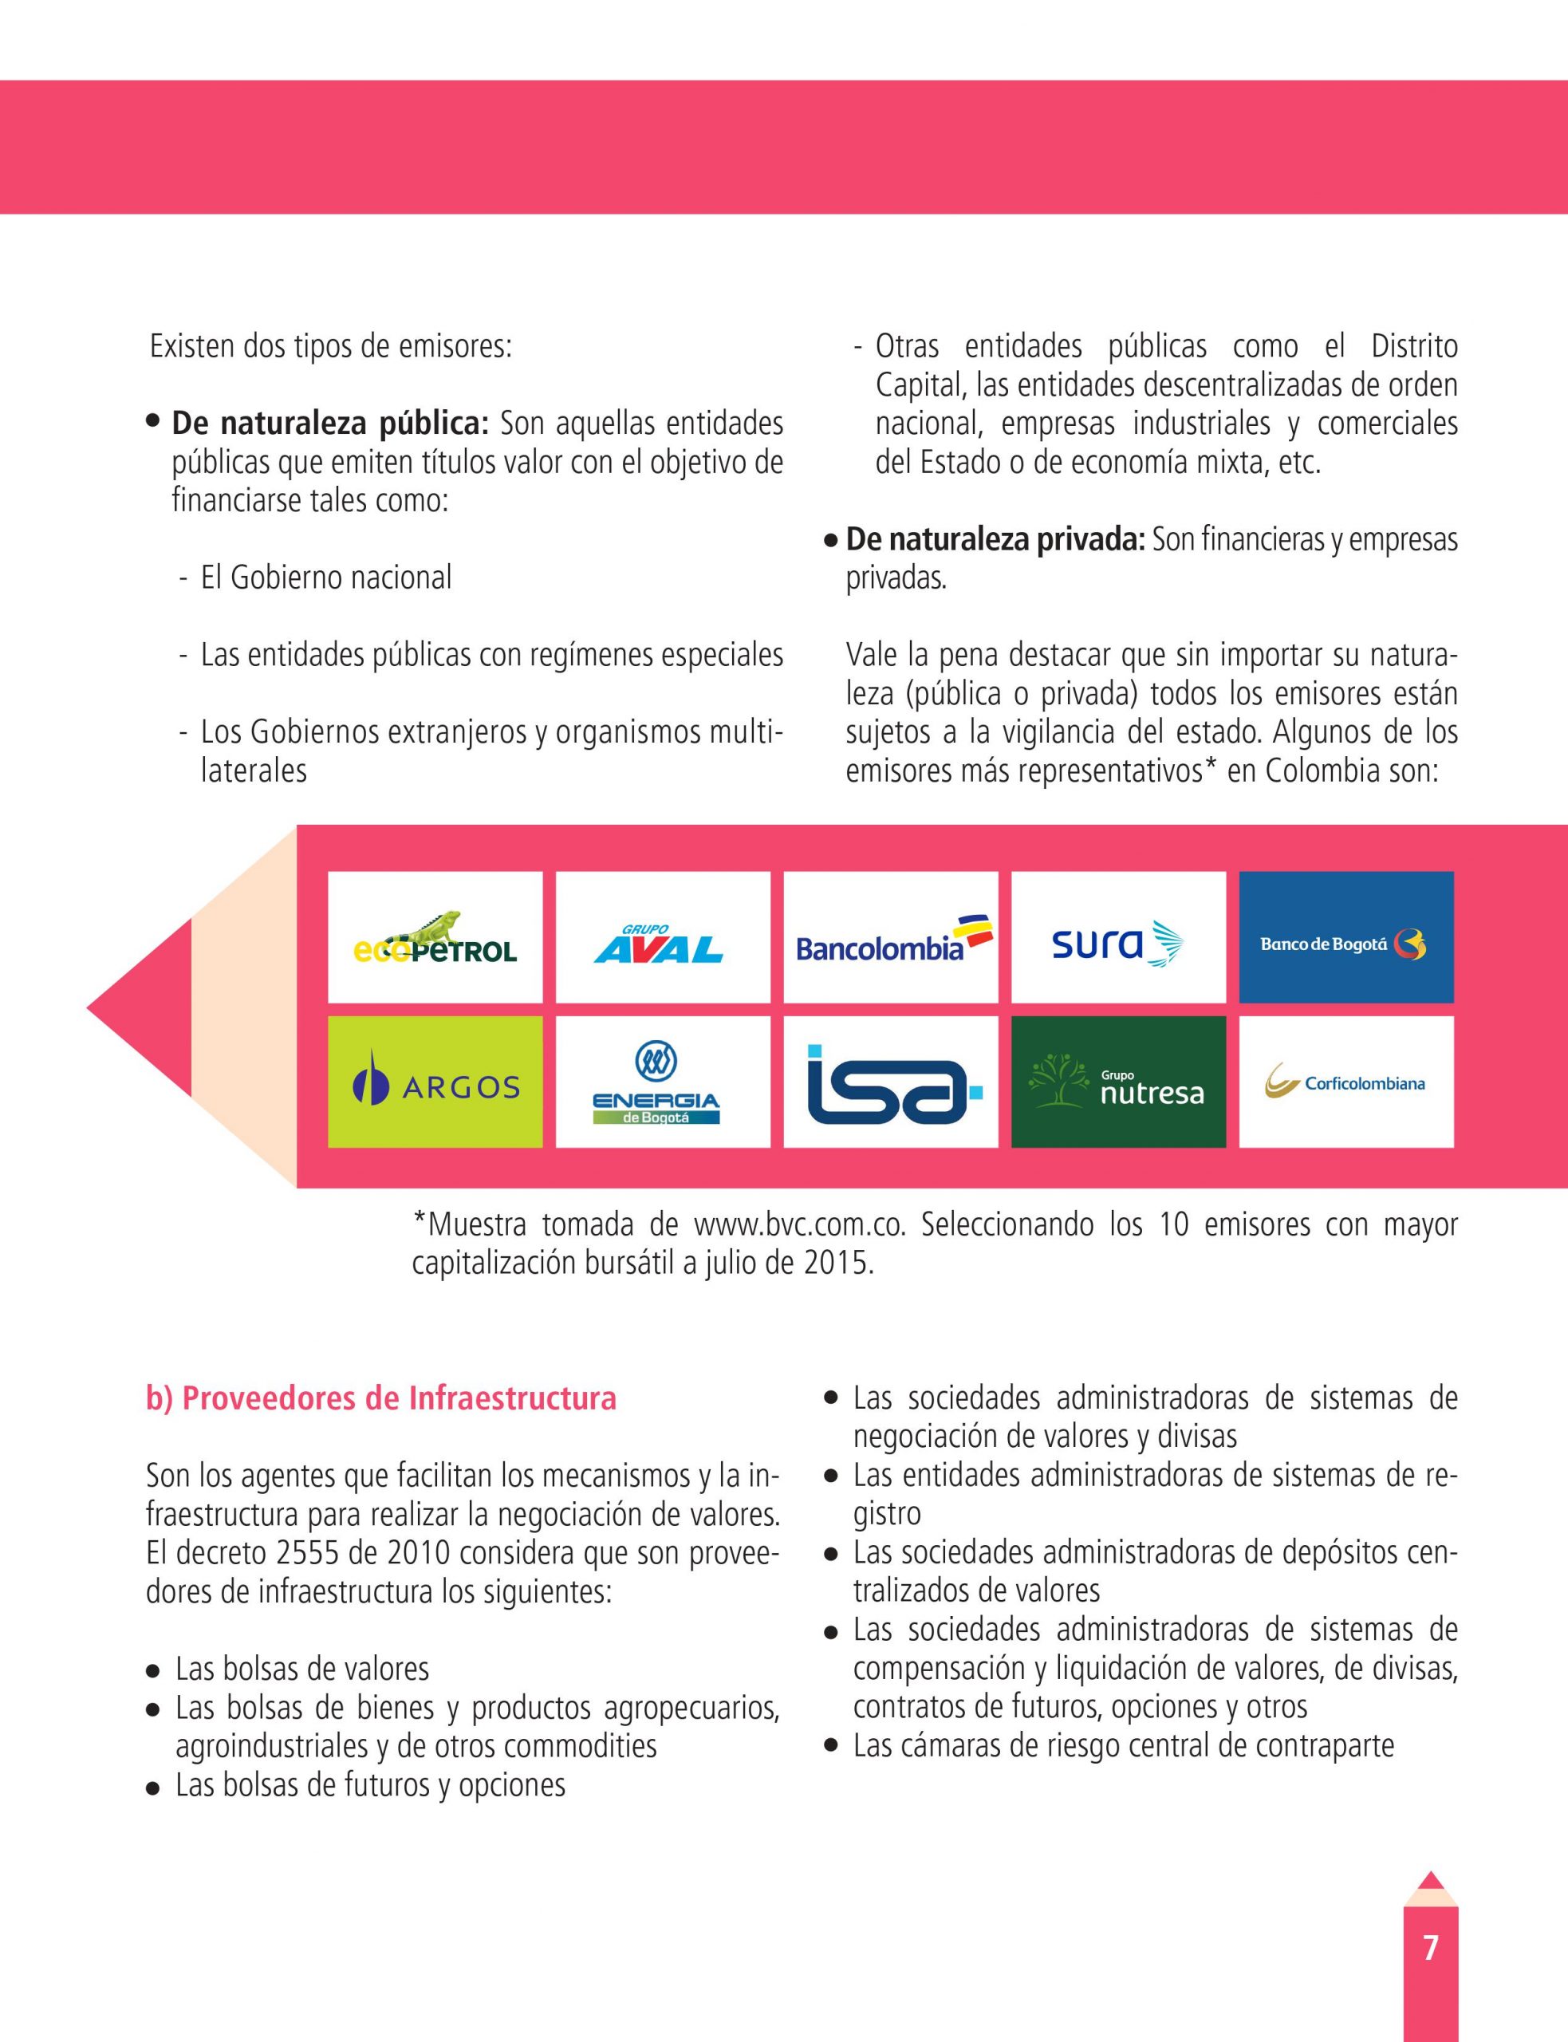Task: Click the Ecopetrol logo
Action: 435,938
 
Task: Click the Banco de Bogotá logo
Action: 1345,938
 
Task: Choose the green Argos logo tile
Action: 435,1082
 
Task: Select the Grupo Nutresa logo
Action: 1118,1082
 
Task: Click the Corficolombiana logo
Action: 1345,1082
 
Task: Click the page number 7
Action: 1430,1948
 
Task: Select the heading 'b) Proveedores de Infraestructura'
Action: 380,1399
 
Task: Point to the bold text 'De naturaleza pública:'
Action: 330,424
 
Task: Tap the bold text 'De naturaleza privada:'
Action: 995,539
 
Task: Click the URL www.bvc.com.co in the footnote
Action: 800,1224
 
